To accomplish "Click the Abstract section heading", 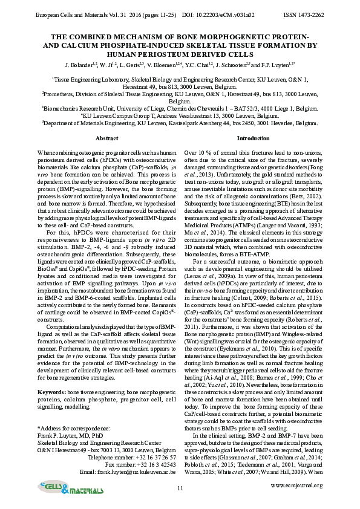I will pyautogui.click(x=107, y=138).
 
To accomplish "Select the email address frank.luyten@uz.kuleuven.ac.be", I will pyautogui.click(x=137, y=471).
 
